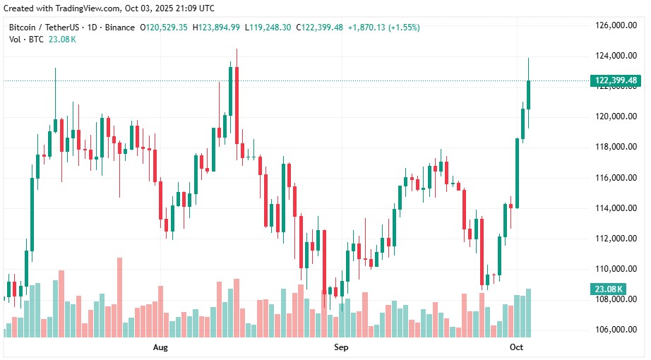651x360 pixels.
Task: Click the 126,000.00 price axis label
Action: point(613,25)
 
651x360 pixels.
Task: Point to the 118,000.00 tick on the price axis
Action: point(613,147)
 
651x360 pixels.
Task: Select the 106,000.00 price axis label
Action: point(613,330)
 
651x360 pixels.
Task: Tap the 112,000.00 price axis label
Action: point(613,239)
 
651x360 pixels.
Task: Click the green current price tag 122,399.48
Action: point(616,80)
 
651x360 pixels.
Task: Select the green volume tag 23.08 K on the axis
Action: point(608,289)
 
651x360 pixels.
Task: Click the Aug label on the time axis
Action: point(160,348)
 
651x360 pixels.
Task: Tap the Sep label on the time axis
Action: point(341,348)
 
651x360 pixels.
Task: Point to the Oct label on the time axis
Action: point(516,348)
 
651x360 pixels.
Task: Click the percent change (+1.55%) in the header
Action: point(400,28)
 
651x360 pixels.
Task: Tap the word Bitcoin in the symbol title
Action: point(24,28)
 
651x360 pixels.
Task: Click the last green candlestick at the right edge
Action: point(528,95)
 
